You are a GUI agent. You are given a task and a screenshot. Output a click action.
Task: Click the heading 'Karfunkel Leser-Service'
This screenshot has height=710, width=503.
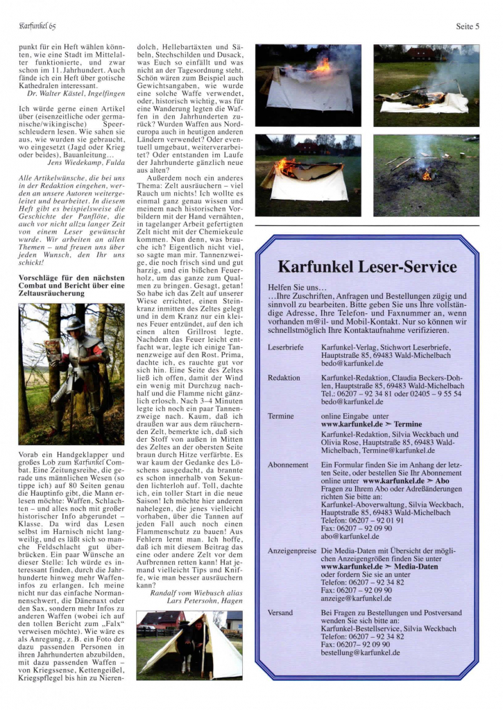pos(367,267)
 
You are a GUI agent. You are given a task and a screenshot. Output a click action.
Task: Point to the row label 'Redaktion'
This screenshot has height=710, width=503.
pos(284,378)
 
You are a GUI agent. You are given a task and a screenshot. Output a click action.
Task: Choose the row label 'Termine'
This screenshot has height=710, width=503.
pos(281,417)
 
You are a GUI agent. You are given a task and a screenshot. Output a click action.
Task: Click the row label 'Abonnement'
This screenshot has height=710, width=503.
pos(288,465)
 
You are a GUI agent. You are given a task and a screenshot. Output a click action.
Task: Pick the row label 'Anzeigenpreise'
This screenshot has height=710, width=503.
pos(293,551)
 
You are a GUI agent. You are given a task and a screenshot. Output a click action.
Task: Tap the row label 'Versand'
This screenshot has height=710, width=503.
pos(281,613)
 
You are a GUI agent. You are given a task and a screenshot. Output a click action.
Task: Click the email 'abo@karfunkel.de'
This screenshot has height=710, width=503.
pos(352,536)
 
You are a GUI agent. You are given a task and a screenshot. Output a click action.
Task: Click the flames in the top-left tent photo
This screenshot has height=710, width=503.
pos(321,67)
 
